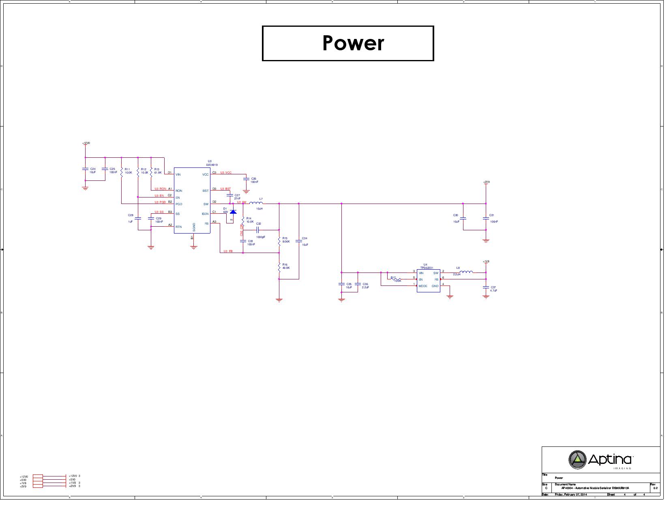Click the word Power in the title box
(x=353, y=43)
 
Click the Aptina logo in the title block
(x=600, y=459)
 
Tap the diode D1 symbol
(x=233, y=212)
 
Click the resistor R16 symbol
(x=279, y=267)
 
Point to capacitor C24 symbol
(x=85, y=169)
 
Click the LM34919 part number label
(x=212, y=165)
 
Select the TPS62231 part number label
(x=427, y=268)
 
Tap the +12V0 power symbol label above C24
(x=86, y=143)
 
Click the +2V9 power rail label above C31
(x=486, y=182)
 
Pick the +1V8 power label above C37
(x=486, y=262)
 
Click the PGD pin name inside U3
(x=179, y=204)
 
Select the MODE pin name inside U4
(x=423, y=286)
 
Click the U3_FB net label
(x=228, y=251)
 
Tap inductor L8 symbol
(x=466, y=272)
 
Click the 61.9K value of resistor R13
(x=158, y=173)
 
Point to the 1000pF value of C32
(x=260, y=237)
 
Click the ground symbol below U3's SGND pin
(x=194, y=247)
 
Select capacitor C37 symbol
(x=486, y=287)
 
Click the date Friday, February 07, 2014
(x=570, y=495)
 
